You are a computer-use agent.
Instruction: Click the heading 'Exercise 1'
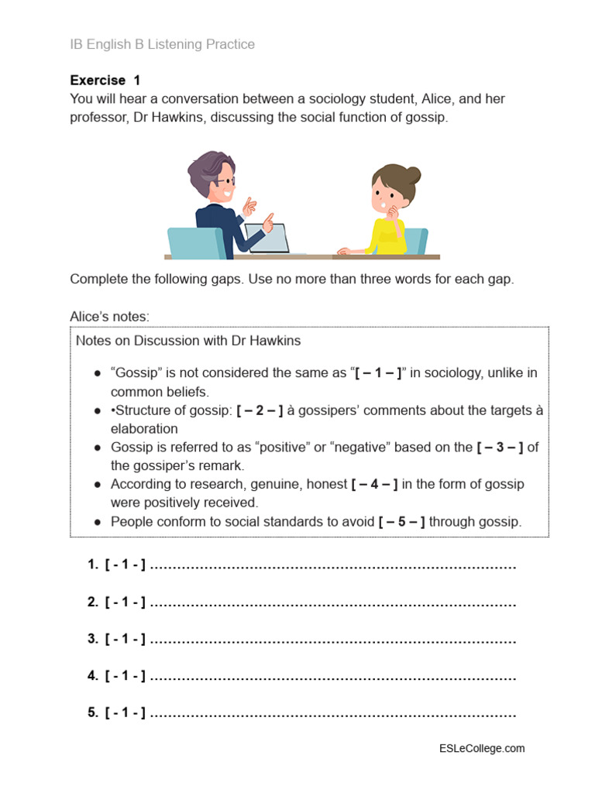(105, 81)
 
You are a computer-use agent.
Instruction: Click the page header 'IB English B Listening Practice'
(162, 45)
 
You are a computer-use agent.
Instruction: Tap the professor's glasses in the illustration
(226, 180)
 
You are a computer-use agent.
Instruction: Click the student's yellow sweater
(387, 235)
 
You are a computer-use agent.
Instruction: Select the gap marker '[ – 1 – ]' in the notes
(378, 372)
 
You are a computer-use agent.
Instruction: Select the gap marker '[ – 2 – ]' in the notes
(260, 410)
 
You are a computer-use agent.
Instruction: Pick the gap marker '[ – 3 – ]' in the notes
(500, 448)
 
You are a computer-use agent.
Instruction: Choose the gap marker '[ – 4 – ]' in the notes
(374, 484)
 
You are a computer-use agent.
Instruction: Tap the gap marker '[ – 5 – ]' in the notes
(402, 522)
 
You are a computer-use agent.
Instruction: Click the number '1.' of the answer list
(93, 566)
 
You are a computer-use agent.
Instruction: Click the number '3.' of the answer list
(93, 640)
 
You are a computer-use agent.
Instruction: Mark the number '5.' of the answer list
(93, 713)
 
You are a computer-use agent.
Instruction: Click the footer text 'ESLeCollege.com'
(482, 748)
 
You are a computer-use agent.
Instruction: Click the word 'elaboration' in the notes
(144, 429)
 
